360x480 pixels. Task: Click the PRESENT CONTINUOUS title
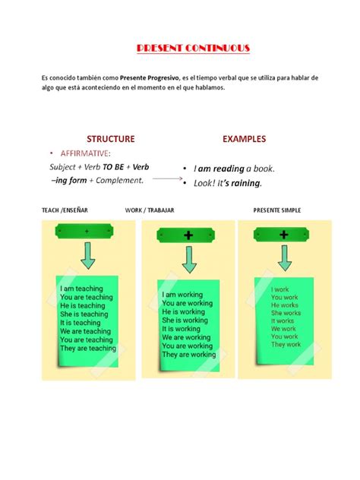tap(192, 49)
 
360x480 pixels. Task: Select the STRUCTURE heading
tap(110, 139)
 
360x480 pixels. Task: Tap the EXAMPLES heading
tap(244, 139)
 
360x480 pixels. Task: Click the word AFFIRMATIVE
tap(90, 153)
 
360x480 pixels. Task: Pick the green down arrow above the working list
tap(188, 260)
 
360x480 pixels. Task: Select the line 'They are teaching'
tap(87, 349)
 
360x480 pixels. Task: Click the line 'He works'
tap(285, 305)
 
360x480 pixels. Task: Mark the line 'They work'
tap(286, 345)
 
